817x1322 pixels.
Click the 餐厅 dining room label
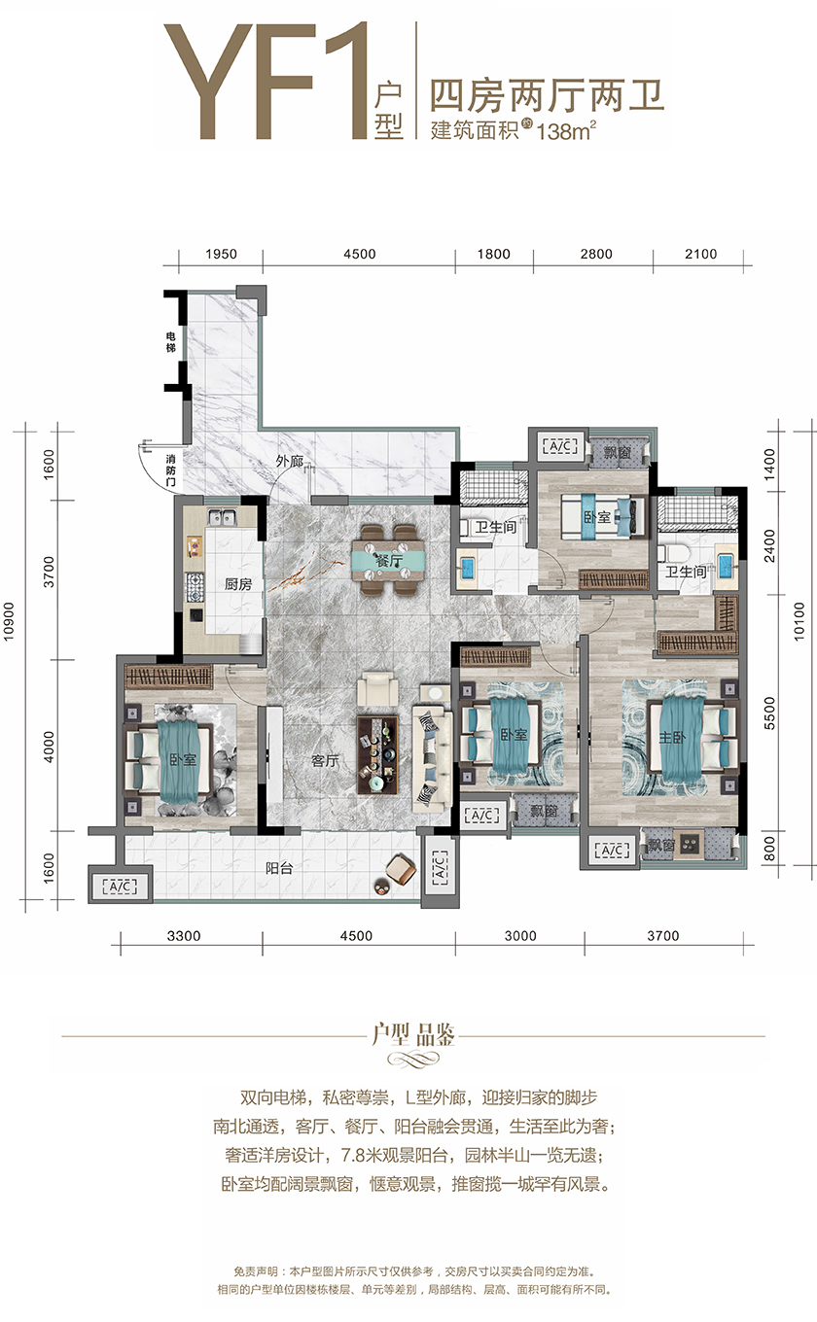pyautogui.click(x=389, y=560)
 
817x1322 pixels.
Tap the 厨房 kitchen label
pyautogui.click(x=238, y=584)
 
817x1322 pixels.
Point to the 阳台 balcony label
pyautogui.click(x=278, y=867)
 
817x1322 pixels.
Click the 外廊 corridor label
pyautogui.click(x=289, y=461)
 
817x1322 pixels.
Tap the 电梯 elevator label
pyautogui.click(x=170, y=342)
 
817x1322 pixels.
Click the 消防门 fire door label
pyautogui.click(x=170, y=470)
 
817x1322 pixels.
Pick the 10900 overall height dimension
pyautogui.click(x=8, y=621)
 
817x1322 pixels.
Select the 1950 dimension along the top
pyautogui.click(x=222, y=254)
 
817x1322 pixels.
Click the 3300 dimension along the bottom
pyautogui.click(x=184, y=935)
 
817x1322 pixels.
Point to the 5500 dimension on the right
pyautogui.click(x=769, y=713)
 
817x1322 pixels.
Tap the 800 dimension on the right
pyautogui.click(x=769, y=849)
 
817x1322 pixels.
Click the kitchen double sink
pyautogui.click(x=221, y=517)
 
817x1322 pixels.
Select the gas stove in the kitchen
pyautogui.click(x=195, y=587)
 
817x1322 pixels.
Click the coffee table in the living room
pyautogui.click(x=377, y=755)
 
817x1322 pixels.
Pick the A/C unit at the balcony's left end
pyautogui.click(x=120, y=886)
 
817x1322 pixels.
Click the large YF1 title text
pyautogui.click(x=266, y=82)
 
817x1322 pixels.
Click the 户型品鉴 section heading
pyautogui.click(x=413, y=1035)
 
